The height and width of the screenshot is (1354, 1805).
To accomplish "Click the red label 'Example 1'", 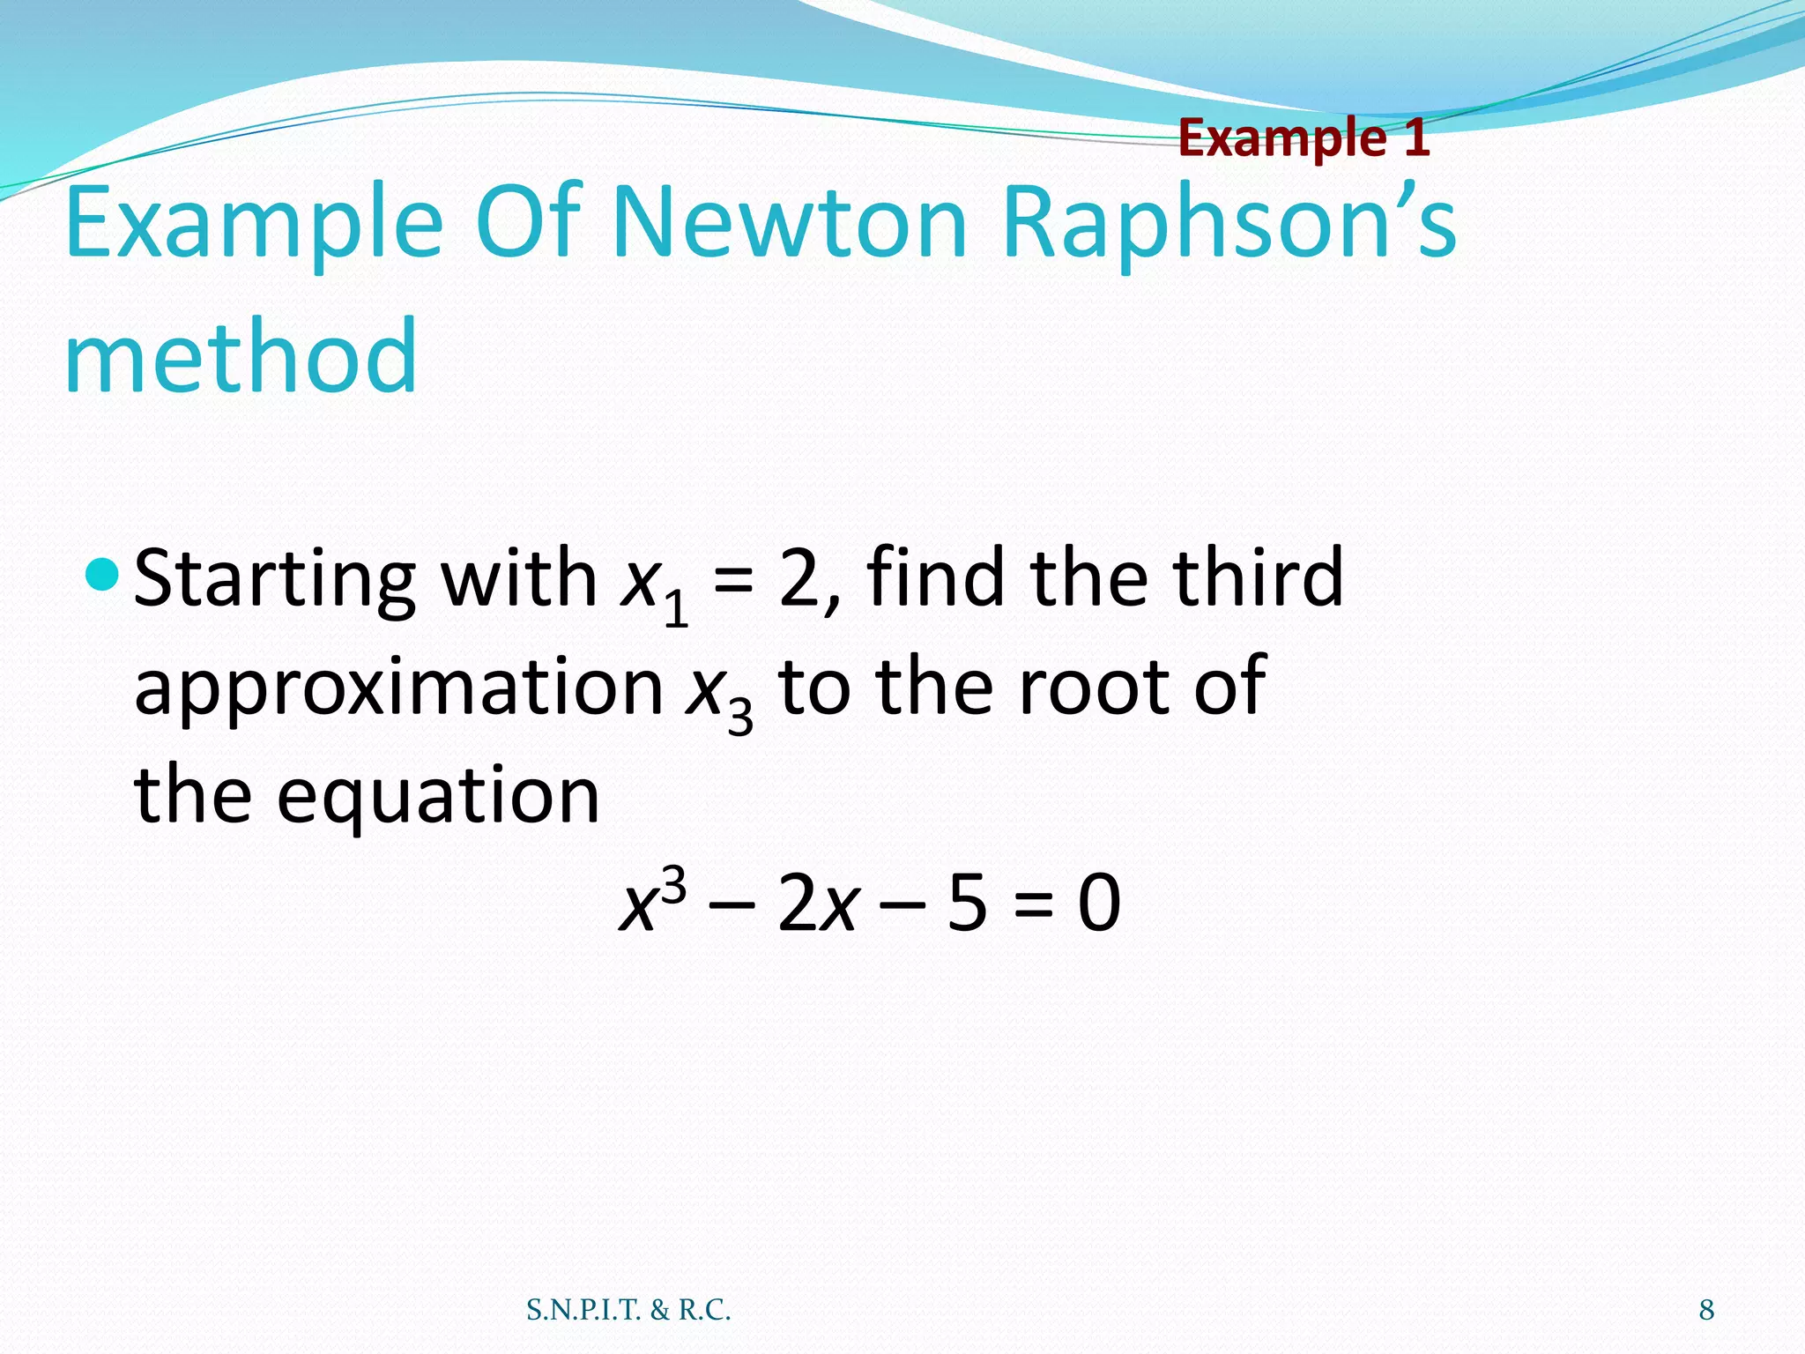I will [1304, 138].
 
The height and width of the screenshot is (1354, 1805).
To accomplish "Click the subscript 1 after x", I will [676, 610].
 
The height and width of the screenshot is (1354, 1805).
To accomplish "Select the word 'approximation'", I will [398, 688].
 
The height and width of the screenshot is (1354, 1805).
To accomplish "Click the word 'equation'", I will [438, 797].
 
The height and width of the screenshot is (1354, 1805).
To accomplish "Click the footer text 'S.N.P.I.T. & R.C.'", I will [628, 1311].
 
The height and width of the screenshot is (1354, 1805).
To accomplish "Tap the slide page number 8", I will [1706, 1311].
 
